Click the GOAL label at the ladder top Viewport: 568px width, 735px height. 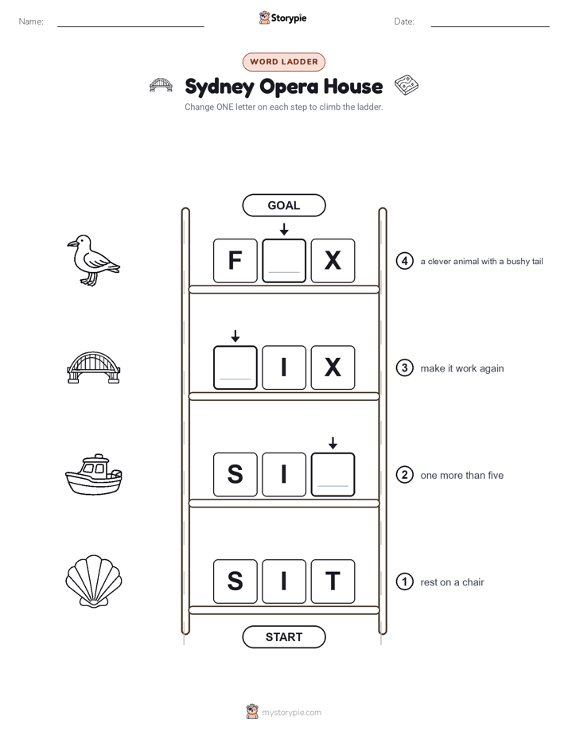[283, 205]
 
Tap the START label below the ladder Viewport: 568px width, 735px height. [283, 637]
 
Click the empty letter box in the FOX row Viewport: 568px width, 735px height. [284, 261]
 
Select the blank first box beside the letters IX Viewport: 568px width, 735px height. [235, 367]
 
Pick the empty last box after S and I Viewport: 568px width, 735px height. [333, 474]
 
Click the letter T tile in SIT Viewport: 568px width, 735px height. [333, 581]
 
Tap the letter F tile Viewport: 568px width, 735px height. [235, 261]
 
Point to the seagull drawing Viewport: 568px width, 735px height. [93, 261]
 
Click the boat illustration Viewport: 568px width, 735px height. [93, 474]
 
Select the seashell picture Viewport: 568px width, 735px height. [94, 581]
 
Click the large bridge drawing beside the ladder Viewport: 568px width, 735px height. [93, 367]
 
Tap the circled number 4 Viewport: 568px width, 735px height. [404, 261]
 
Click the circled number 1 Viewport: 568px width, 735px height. [404, 581]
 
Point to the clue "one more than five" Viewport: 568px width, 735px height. [461, 476]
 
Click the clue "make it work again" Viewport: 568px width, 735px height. [461, 368]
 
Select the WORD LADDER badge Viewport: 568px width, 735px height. [283, 62]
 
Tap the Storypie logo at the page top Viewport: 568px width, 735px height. [282, 17]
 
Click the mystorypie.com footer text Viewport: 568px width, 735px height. [291, 713]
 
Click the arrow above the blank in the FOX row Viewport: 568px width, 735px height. [284, 229]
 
